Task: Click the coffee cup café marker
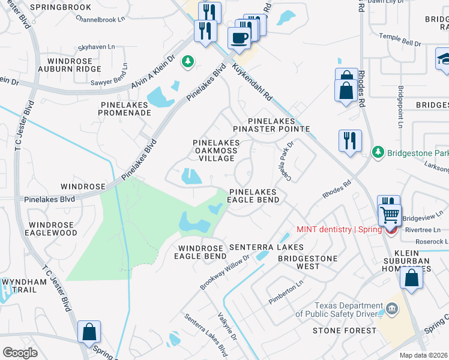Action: click(x=240, y=38)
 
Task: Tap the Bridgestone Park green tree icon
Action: click(x=378, y=152)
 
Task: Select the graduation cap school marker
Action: click(x=444, y=58)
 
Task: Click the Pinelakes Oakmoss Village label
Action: click(x=216, y=150)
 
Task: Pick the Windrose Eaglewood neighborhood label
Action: click(x=52, y=229)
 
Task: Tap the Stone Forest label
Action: click(x=344, y=331)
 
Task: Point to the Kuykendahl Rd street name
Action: click(x=252, y=83)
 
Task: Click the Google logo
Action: click(x=20, y=353)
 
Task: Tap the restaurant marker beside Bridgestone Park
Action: click(x=349, y=140)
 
